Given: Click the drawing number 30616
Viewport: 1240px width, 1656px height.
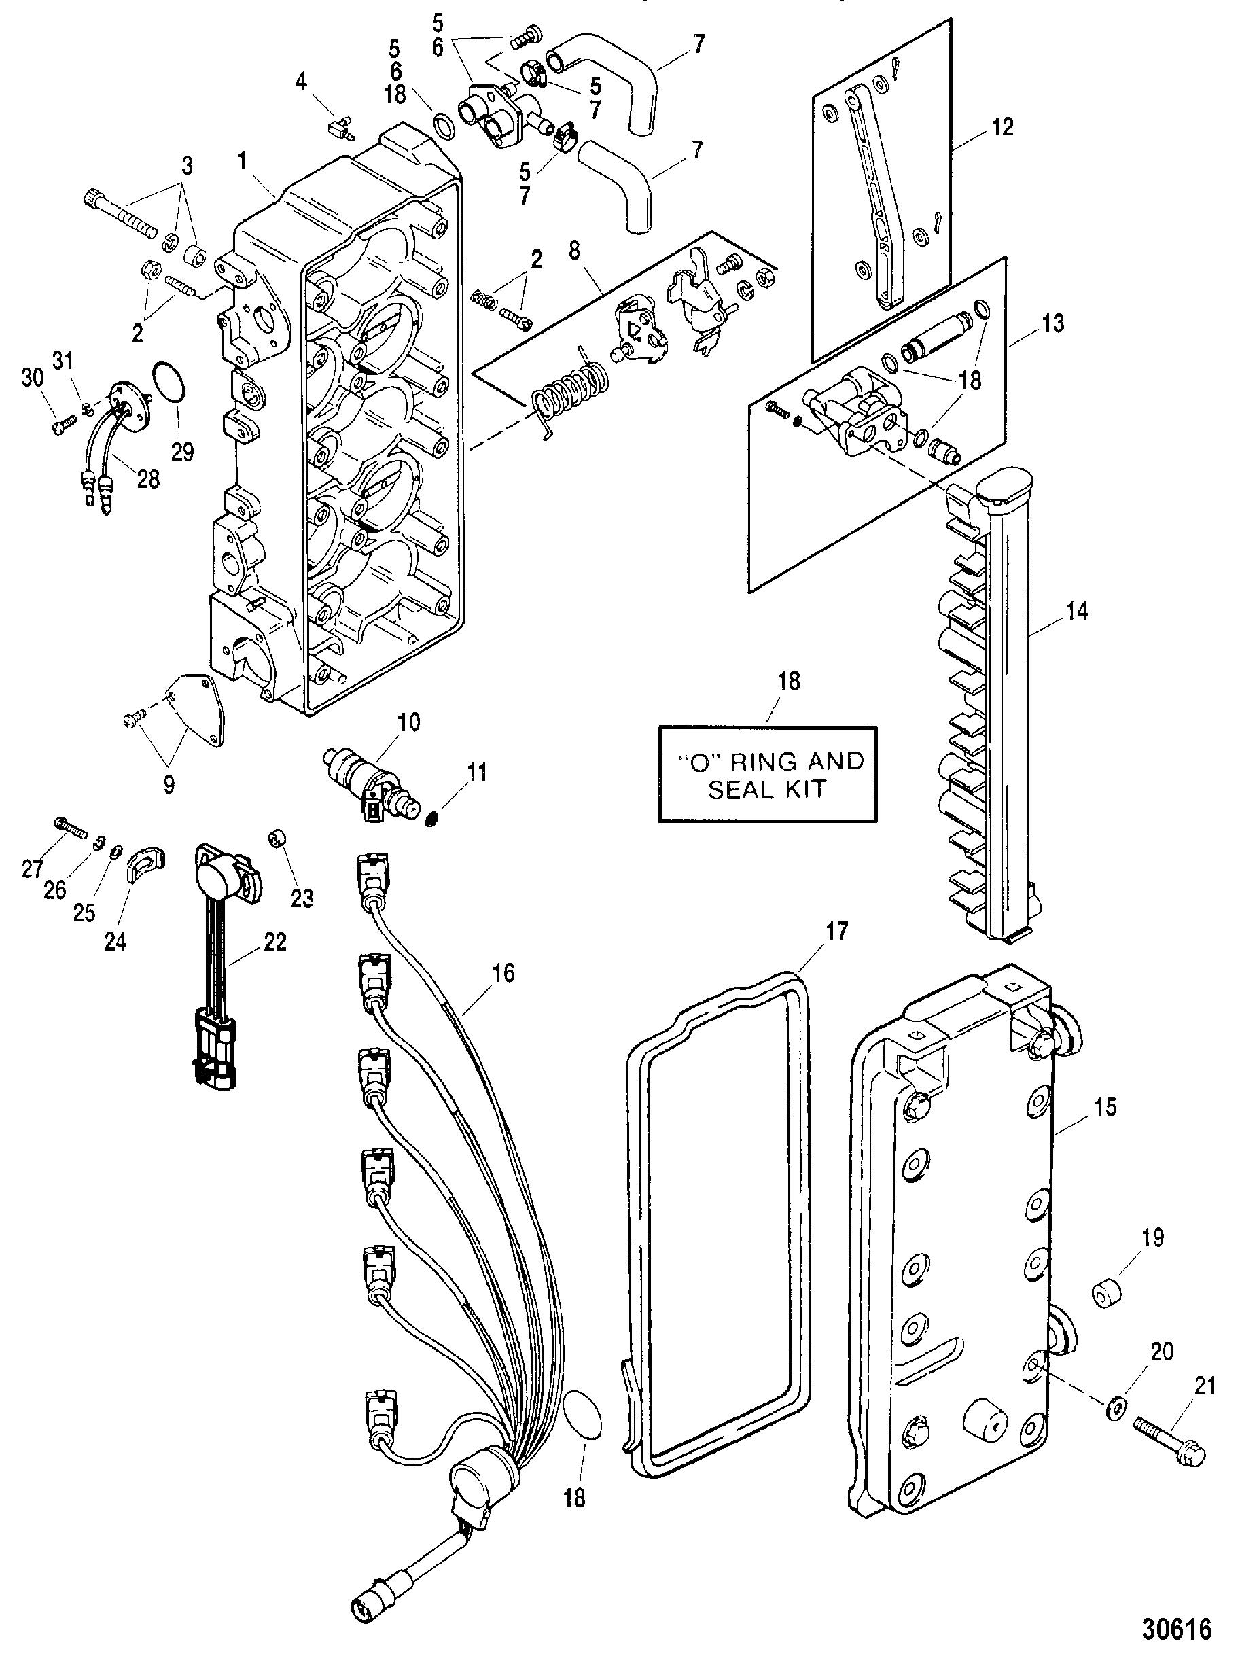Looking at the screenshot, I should tap(1175, 1627).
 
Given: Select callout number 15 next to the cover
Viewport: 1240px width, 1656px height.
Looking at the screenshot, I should tap(1105, 1106).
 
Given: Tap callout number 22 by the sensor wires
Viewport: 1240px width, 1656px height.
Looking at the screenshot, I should tap(274, 941).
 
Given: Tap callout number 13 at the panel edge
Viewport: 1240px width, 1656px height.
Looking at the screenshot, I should tap(1050, 324).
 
